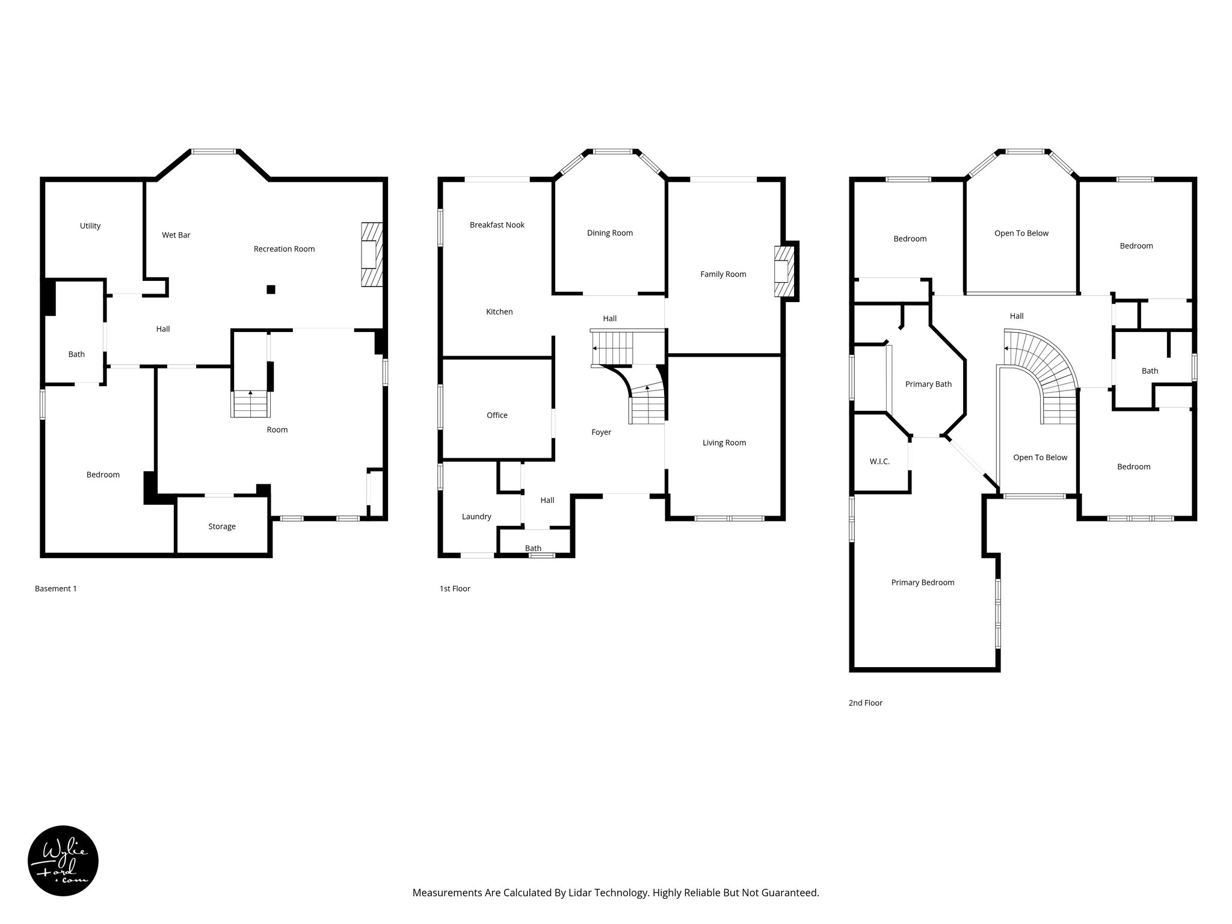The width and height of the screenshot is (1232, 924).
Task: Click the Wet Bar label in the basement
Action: pos(176,235)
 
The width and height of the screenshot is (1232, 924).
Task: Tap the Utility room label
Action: pos(90,226)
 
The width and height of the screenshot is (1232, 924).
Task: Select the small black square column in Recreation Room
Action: pos(271,289)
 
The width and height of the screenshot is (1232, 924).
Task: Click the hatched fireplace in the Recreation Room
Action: pos(372,254)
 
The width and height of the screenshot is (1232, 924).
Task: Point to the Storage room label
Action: pos(221,526)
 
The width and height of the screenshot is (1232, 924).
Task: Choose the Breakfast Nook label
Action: pos(497,225)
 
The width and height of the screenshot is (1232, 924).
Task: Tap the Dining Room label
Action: pos(609,233)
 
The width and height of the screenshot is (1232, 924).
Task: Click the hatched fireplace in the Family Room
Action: pos(784,271)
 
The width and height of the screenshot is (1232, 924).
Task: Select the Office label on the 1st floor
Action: pos(497,415)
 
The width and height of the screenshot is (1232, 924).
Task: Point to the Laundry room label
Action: pos(476,517)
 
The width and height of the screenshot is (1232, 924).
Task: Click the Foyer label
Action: pos(601,432)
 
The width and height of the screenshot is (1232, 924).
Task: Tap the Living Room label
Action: pos(724,443)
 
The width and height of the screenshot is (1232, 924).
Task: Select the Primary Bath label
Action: pos(928,384)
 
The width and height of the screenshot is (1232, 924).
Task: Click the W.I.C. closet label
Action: pos(879,461)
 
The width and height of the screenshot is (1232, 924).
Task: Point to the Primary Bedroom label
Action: pos(922,582)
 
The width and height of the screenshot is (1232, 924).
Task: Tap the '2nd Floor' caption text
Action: pos(865,703)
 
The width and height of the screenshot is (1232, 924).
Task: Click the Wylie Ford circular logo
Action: pos(63,861)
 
